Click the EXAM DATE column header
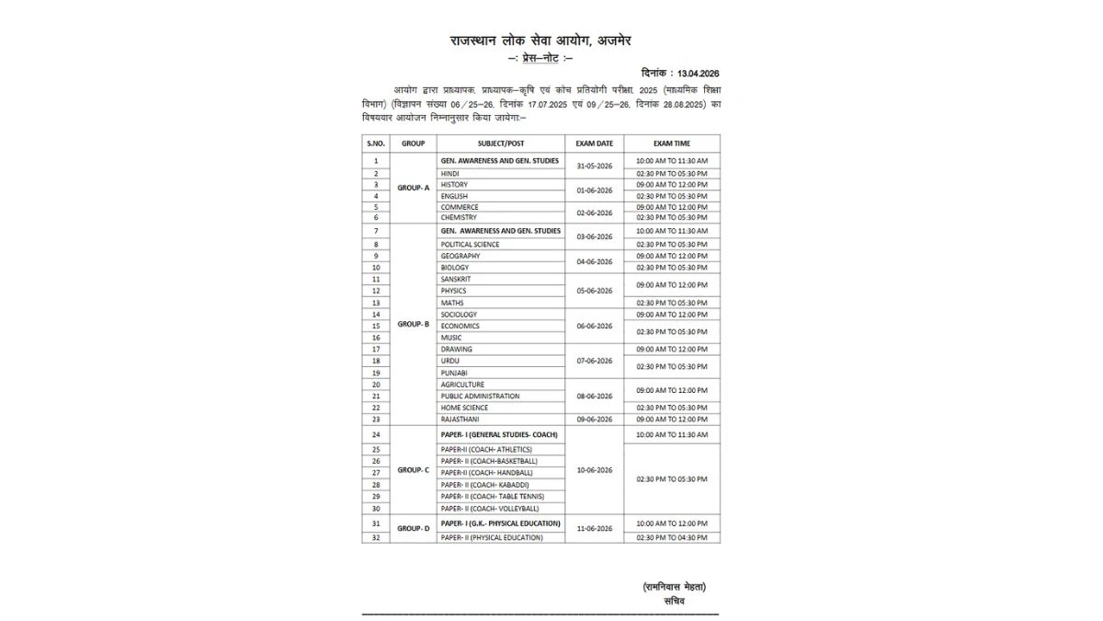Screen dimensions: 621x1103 [x=594, y=144]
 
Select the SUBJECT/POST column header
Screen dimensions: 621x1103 [x=500, y=144]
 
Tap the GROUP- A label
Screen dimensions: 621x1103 [x=413, y=188]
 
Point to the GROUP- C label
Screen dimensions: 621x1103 [x=413, y=469]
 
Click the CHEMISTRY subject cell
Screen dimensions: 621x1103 [x=459, y=217]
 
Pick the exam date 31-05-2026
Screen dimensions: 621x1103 [x=594, y=167]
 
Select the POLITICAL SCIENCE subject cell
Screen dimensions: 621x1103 [x=470, y=244]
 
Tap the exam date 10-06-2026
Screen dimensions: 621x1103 [x=594, y=469]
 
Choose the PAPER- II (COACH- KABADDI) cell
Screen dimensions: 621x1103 [x=484, y=484]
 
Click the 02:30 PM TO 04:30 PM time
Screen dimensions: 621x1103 [x=672, y=537]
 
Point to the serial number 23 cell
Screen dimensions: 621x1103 [x=376, y=419]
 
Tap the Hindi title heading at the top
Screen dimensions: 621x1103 [x=540, y=40]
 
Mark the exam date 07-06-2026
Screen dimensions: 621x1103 [x=594, y=361]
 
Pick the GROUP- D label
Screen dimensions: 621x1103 [x=413, y=528]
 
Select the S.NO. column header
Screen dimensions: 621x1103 [x=376, y=144]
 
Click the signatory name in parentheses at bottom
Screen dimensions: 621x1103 [x=675, y=587]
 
